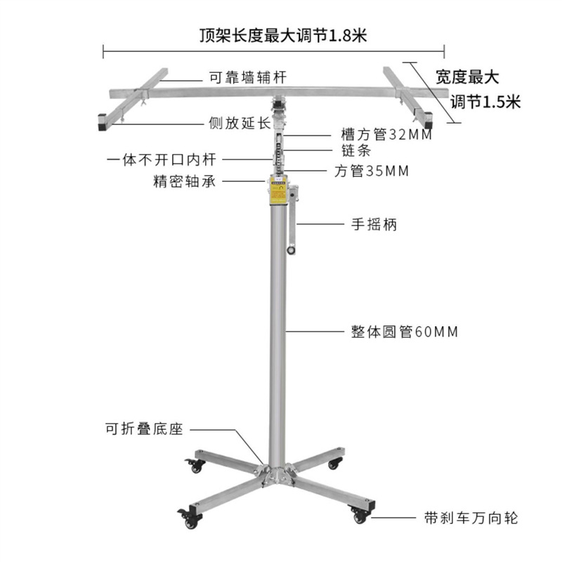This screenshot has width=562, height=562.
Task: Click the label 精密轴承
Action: (185, 181)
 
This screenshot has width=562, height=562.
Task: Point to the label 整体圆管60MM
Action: (404, 332)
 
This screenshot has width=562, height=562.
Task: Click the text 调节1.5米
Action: (485, 102)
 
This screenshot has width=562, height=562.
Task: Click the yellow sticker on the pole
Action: (273, 191)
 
